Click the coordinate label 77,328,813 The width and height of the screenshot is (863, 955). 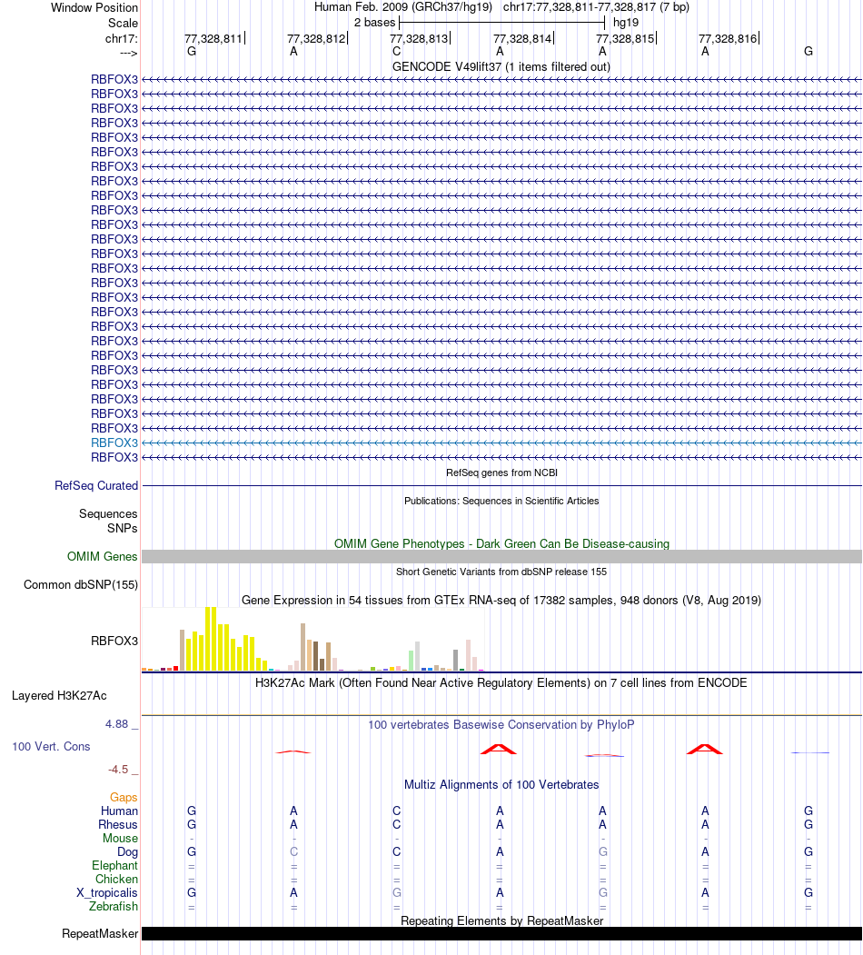pos(419,39)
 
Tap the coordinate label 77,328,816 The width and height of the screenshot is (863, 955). pos(728,39)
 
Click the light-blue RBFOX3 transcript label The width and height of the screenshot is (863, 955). pos(114,443)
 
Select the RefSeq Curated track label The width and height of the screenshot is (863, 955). pos(96,486)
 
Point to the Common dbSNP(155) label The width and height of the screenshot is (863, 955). pos(81,585)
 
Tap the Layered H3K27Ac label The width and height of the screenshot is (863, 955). pos(59,697)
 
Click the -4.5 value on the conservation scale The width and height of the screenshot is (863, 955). pos(120,770)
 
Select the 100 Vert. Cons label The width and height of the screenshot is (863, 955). pos(52,747)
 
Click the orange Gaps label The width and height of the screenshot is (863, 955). pos(124,797)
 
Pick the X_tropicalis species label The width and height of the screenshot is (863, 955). pos(107,893)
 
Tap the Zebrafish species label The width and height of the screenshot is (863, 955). pos(114,907)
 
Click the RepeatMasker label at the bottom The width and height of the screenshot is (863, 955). pos(100,934)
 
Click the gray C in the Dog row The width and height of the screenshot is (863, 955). pos(293,852)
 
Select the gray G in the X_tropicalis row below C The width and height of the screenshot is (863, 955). pos(397,893)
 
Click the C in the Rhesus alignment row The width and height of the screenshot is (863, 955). pos(397,825)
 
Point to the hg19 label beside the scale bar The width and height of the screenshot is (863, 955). pos(626,22)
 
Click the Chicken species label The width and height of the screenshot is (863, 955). pos(116,880)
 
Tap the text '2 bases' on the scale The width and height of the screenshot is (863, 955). pos(374,22)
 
